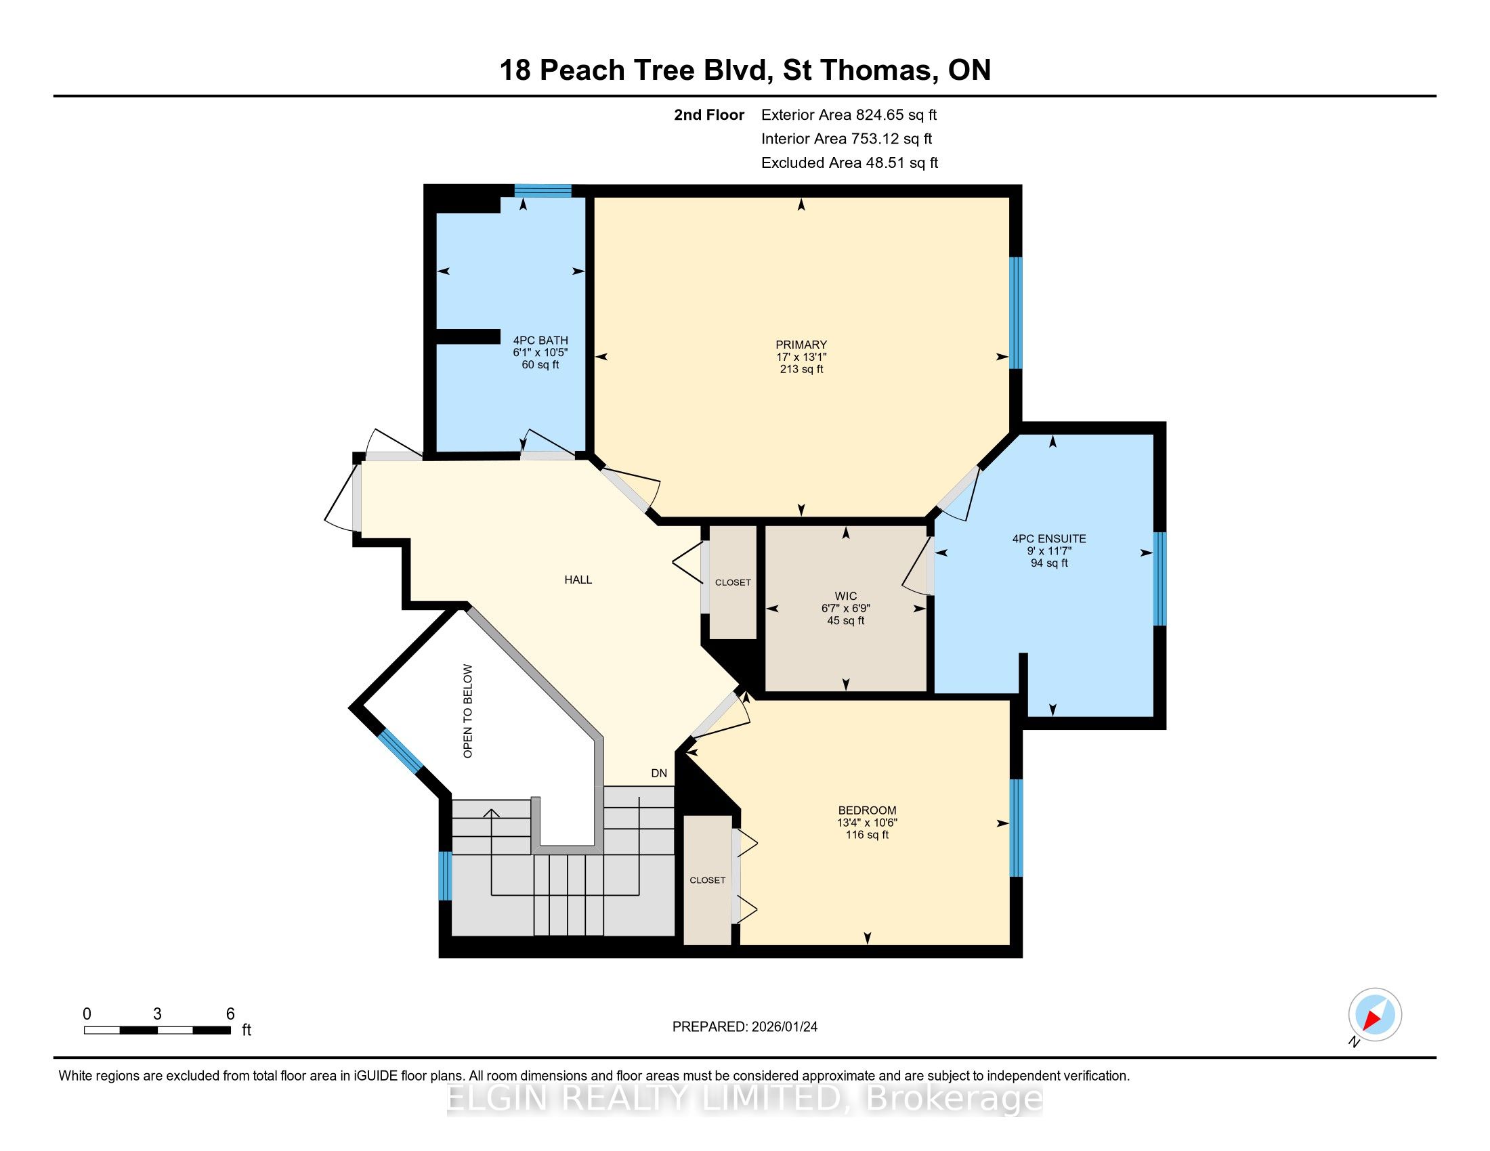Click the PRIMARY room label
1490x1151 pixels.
[x=801, y=345]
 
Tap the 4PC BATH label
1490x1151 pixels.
[x=540, y=341]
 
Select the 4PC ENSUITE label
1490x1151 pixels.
[x=1049, y=539]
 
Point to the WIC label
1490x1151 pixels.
[x=845, y=596]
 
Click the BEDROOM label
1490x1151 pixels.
[x=867, y=810]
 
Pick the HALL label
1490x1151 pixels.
[x=578, y=580]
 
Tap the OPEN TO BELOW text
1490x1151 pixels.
[x=467, y=711]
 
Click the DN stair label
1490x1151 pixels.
[x=659, y=773]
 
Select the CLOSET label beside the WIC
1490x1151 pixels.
[x=733, y=582]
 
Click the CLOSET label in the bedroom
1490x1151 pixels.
[x=708, y=880]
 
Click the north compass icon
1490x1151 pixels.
[x=1375, y=1015]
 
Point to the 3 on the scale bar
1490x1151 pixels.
[x=157, y=1014]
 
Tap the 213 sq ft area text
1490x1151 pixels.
[x=802, y=369]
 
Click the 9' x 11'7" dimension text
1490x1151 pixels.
[x=1049, y=551]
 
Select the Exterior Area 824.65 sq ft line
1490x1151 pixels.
[x=849, y=114]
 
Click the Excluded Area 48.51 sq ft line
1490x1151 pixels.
[x=849, y=162]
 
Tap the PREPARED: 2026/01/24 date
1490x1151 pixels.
[x=745, y=1026]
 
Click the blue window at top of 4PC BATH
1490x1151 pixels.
[x=543, y=191]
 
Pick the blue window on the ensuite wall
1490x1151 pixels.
[x=1159, y=578]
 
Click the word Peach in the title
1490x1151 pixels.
[x=582, y=70]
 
